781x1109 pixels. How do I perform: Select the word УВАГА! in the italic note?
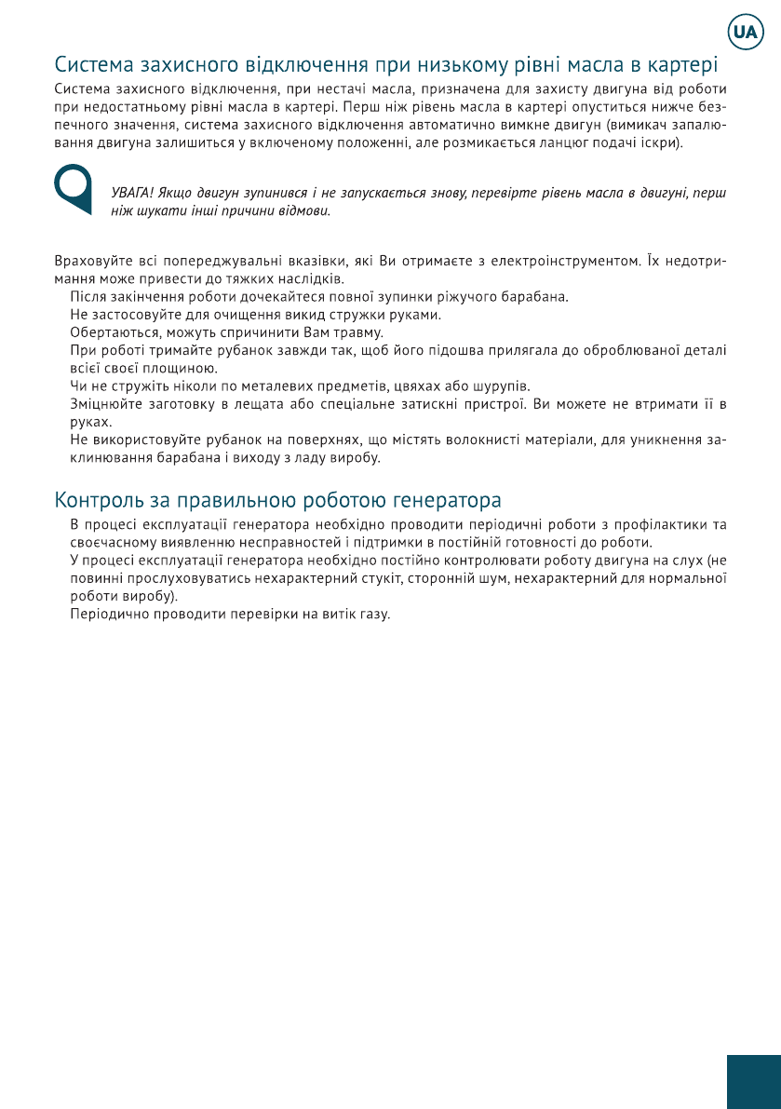pos(131,194)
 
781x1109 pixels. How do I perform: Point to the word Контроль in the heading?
pos(96,499)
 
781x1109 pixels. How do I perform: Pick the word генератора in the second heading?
pos(446,499)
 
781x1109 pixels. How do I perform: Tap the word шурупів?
pos(502,385)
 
